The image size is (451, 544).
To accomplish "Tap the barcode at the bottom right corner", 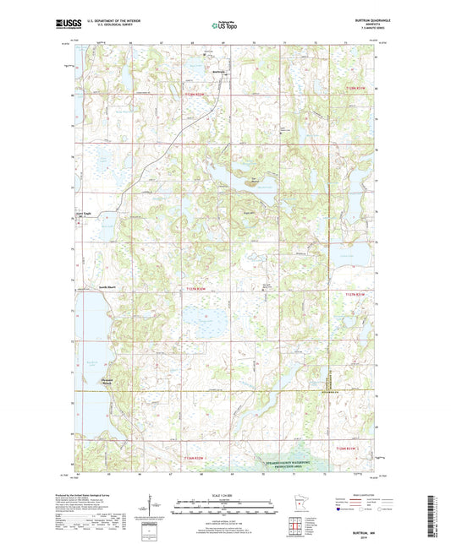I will [x=439, y=520].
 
